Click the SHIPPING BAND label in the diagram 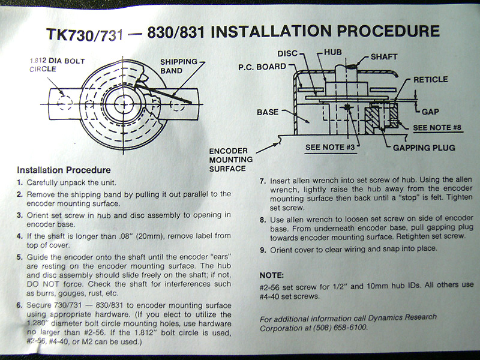[179, 66]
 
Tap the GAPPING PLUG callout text [424, 148]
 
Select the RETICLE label [430, 80]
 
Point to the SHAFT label [384, 57]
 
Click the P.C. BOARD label [262, 67]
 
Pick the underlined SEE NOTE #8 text [437, 128]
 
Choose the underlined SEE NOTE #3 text [330, 147]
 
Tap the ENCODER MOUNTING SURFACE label [231, 160]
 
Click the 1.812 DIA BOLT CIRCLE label [57, 65]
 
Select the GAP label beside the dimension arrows [430, 112]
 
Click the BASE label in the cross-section [268, 112]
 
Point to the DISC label [287, 53]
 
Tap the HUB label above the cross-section [333, 52]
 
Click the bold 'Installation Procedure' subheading [64, 170]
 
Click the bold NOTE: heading [272, 275]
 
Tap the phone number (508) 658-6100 [340, 328]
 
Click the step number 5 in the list [20, 257]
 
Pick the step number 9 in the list [263, 250]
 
